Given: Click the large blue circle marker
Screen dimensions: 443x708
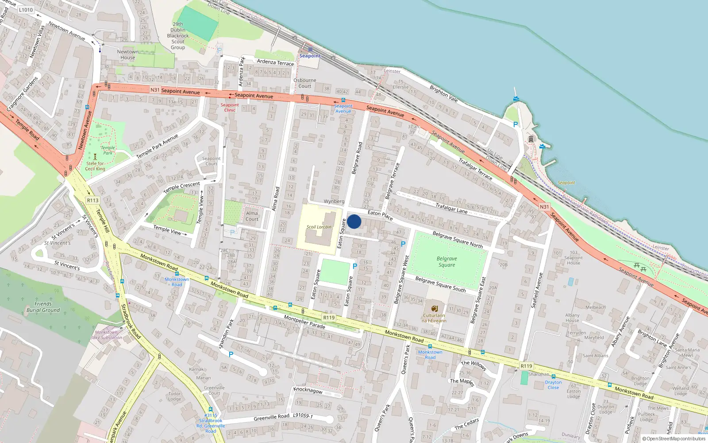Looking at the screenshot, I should [x=354, y=221].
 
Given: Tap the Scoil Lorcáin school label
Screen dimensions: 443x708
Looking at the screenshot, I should [x=319, y=227].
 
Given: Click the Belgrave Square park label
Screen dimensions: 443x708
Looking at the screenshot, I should [x=446, y=262].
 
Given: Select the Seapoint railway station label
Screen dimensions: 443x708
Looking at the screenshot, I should [x=310, y=56].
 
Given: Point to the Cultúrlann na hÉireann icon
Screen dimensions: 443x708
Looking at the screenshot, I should [x=434, y=308].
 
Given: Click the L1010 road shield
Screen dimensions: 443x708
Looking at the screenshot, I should [x=26, y=10].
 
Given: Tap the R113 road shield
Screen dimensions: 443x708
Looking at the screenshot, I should [x=92, y=200].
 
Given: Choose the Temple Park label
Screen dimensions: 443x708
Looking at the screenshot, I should [x=108, y=150].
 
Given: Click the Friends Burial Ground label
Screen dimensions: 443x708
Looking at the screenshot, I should [x=43, y=307].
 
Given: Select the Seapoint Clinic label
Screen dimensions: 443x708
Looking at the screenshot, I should [x=230, y=107].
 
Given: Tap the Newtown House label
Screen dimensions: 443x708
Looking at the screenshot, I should [x=128, y=54].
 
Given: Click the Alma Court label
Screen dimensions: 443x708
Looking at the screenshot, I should [x=252, y=216].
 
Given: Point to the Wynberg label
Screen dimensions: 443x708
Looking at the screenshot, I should [x=334, y=201].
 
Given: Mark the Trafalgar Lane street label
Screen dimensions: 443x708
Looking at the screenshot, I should [x=451, y=208].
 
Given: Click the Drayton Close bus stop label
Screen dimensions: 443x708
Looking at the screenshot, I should [x=553, y=385].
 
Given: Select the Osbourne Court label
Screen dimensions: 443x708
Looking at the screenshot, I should [x=304, y=83].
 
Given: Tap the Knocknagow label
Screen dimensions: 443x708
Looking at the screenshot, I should [x=308, y=390].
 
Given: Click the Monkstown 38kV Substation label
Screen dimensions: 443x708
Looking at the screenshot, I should [x=106, y=335].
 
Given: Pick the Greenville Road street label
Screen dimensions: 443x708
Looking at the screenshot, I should [x=271, y=417].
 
